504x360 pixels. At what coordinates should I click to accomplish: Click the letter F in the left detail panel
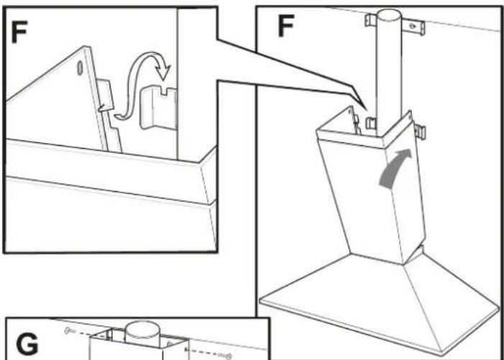click(x=19, y=32)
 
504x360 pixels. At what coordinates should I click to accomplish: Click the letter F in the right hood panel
click(x=285, y=25)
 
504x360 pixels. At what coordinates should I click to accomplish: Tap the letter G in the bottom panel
click(x=27, y=344)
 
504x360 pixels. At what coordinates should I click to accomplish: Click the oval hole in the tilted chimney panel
click(x=80, y=68)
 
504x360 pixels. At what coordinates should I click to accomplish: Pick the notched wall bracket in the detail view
click(x=158, y=108)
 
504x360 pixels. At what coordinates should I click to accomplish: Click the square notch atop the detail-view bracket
click(x=165, y=92)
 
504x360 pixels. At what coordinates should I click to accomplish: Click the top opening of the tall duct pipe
click(x=389, y=15)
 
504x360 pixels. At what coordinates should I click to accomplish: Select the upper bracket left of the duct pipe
click(x=370, y=20)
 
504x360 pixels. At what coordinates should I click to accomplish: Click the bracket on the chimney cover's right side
click(x=420, y=131)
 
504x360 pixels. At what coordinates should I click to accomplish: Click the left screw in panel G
click(x=68, y=330)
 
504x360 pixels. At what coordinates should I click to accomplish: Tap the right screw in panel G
click(x=228, y=356)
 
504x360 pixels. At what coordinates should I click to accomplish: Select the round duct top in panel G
click(x=142, y=329)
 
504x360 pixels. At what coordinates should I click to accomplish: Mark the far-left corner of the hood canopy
click(x=260, y=300)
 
